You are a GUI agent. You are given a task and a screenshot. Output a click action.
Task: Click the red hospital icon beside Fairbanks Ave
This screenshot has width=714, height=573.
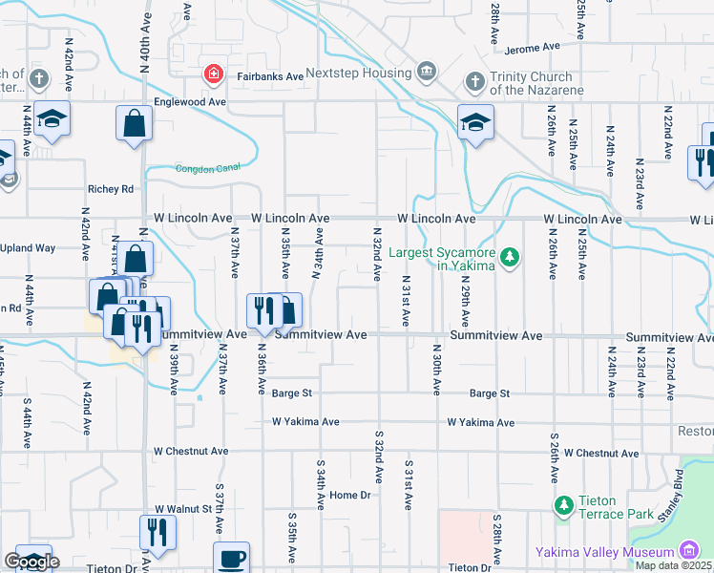[x=214, y=74]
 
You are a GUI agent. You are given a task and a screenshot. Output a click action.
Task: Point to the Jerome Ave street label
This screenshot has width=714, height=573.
[x=532, y=48]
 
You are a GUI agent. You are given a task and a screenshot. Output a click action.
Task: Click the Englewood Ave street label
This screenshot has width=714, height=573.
[x=192, y=101]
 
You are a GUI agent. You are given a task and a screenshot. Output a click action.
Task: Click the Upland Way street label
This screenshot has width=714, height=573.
[x=29, y=248]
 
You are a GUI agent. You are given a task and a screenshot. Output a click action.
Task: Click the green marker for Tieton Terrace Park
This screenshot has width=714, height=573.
[x=563, y=503]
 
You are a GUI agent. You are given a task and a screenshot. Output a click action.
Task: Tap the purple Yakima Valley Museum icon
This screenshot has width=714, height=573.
[x=687, y=551]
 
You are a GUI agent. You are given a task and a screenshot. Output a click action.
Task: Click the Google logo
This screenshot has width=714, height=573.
[x=31, y=562]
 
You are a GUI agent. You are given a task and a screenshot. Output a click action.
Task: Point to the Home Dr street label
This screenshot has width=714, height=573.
[x=349, y=495]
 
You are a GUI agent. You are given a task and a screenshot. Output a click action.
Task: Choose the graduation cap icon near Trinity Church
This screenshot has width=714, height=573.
[x=474, y=123]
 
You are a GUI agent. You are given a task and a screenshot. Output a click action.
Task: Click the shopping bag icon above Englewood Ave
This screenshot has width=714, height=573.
[x=134, y=123]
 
